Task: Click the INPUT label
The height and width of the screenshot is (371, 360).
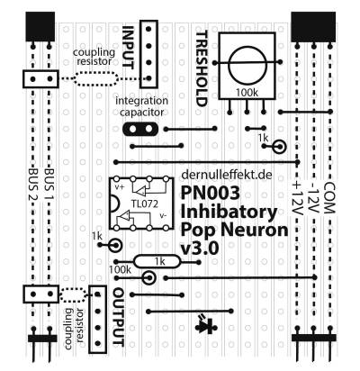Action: pyautogui.click(x=129, y=48)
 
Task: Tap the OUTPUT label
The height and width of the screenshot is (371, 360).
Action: pyautogui.click(x=119, y=318)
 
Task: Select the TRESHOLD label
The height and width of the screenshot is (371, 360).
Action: pyautogui.click(x=202, y=68)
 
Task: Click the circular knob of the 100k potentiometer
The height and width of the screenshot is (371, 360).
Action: pyautogui.click(x=247, y=66)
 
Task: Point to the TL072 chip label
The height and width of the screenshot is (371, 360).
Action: pyautogui.click(x=145, y=204)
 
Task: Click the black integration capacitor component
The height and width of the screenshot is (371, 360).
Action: pyautogui.click(x=140, y=129)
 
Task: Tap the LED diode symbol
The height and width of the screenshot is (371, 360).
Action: pyautogui.click(x=207, y=324)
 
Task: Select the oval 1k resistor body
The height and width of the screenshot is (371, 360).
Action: pyautogui.click(x=157, y=262)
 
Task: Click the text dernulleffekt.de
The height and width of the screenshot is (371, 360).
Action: pyautogui.click(x=227, y=175)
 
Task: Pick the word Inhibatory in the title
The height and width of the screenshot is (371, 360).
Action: pyautogui.click(x=229, y=212)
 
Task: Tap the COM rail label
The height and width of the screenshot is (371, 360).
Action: pyautogui.click(x=329, y=197)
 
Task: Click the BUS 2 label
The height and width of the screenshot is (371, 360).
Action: pyautogui.click(x=33, y=185)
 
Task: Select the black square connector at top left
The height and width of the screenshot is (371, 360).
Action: pyautogui.click(x=40, y=27)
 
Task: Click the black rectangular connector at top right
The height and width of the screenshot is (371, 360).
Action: pyautogui.click(x=313, y=27)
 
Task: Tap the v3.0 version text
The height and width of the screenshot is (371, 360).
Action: pyautogui.click(x=200, y=248)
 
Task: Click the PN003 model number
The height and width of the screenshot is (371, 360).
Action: pyautogui.click(x=211, y=193)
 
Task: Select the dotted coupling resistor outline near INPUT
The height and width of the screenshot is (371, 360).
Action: pyautogui.click(x=95, y=78)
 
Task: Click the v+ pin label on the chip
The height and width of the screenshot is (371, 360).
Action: pyautogui.click(x=120, y=186)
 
